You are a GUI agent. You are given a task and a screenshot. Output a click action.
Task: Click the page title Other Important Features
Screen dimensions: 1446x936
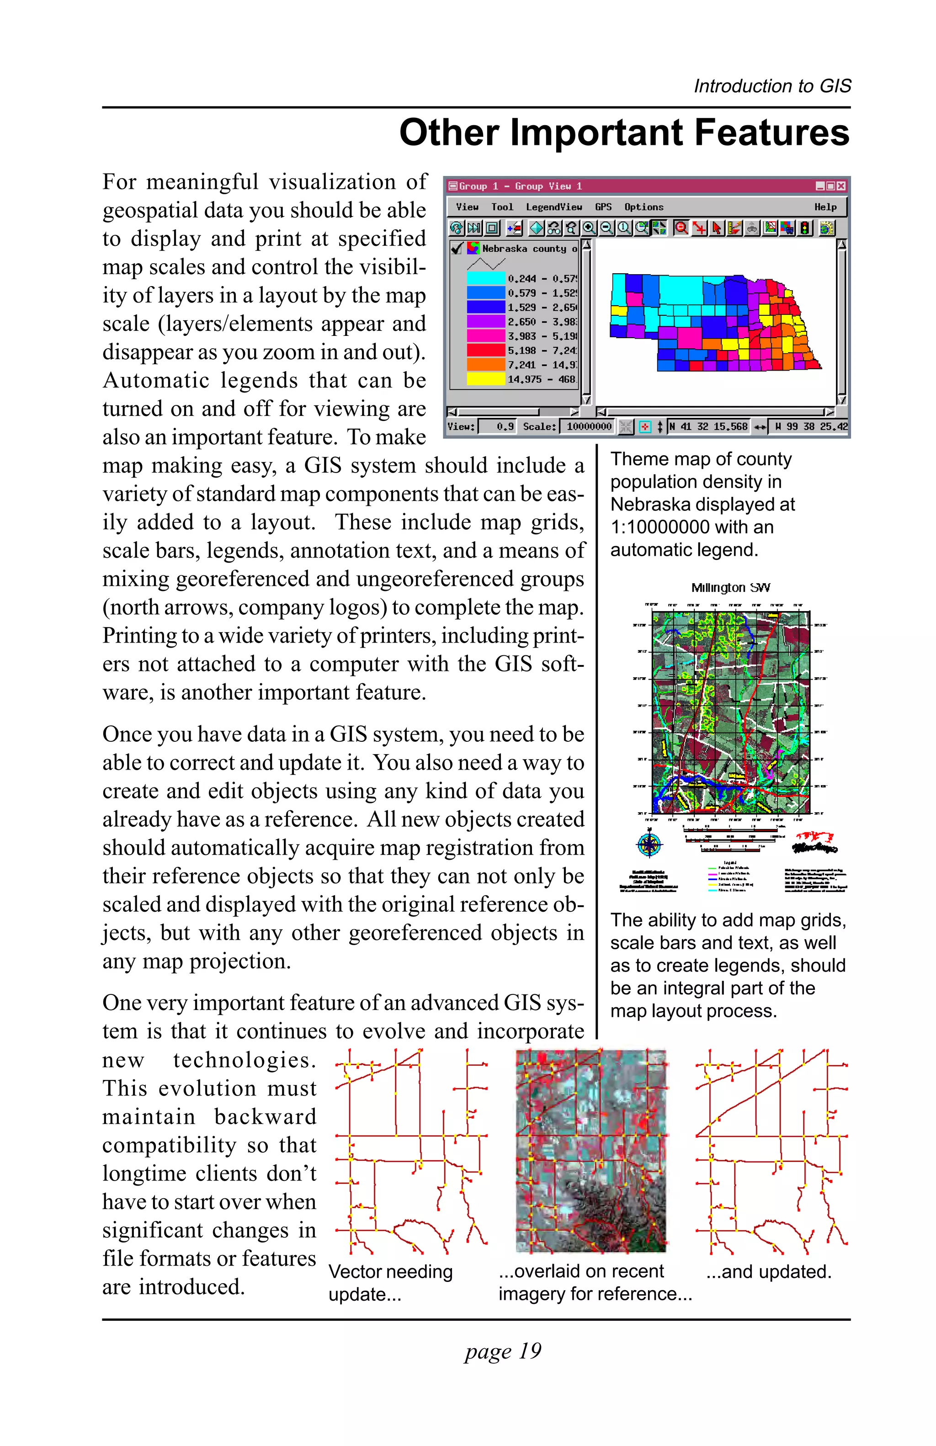624,133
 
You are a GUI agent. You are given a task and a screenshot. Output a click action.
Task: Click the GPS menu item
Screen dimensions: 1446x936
602,207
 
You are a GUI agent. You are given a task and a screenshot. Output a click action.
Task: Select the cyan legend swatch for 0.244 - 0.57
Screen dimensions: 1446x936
485,278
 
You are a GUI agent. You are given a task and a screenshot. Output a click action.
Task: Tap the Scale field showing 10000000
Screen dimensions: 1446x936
588,426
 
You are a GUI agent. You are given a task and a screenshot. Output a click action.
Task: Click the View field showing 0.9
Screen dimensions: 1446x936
497,426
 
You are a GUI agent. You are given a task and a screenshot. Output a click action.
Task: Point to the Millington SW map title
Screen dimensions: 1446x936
730,588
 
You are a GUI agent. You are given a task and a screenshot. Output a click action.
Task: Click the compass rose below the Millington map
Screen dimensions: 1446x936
649,844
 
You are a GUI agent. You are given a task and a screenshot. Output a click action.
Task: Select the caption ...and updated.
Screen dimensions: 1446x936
768,1271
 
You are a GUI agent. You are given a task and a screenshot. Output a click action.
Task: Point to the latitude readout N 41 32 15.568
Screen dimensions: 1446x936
708,426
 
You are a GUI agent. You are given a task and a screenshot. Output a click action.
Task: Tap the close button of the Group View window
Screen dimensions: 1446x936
840,186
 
